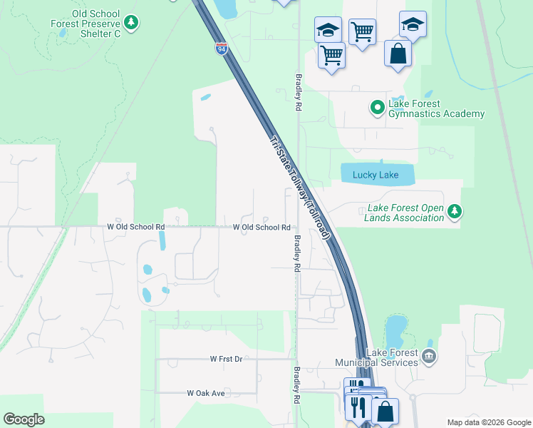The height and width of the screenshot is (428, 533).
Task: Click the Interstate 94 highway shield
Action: pyautogui.click(x=222, y=49)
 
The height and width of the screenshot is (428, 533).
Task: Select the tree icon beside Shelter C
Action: pyautogui.click(x=131, y=24)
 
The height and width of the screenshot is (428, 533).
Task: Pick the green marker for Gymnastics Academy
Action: pyautogui.click(x=377, y=108)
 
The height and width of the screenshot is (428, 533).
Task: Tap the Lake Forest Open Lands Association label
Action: pyautogui.click(x=405, y=213)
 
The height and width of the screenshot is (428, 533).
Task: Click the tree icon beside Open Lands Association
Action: pyautogui.click(x=455, y=211)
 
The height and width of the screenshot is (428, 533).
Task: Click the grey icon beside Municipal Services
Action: pyautogui.click(x=428, y=356)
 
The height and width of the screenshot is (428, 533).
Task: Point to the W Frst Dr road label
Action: pyautogui.click(x=226, y=359)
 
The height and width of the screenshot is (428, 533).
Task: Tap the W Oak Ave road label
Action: pyautogui.click(x=206, y=393)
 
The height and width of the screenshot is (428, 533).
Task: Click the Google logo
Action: pyautogui.click(x=24, y=419)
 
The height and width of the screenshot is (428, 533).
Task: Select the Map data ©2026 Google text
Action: pyautogui.click(x=488, y=422)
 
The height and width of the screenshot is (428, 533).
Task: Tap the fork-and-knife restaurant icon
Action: pyautogui.click(x=356, y=407)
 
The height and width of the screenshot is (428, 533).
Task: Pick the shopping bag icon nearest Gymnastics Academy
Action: pyautogui.click(x=398, y=53)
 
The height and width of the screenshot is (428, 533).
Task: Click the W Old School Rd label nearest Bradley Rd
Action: pyautogui.click(x=261, y=228)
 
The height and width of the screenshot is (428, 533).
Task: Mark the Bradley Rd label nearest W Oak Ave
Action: pyautogui.click(x=296, y=378)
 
